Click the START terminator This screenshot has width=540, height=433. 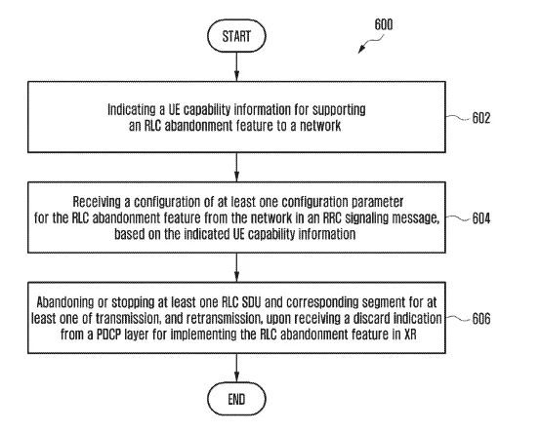[x=236, y=36]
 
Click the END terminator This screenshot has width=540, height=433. [x=236, y=399]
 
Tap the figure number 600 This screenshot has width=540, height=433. [x=384, y=24]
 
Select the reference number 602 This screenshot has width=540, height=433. [x=480, y=118]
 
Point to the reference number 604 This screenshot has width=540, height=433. [x=480, y=218]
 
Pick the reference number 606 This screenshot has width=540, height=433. [x=480, y=319]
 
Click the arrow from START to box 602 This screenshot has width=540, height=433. [x=236, y=66]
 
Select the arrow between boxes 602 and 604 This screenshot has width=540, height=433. [x=236, y=167]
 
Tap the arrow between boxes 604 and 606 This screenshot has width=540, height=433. [x=236, y=267]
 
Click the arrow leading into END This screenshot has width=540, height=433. [x=236, y=368]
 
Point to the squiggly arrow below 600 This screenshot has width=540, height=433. [x=370, y=44]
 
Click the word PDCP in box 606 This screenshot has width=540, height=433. [x=108, y=335]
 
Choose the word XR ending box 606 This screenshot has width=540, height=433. [x=410, y=335]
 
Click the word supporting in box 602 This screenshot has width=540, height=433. [x=339, y=110]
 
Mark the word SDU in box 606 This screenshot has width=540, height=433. [x=251, y=302]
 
